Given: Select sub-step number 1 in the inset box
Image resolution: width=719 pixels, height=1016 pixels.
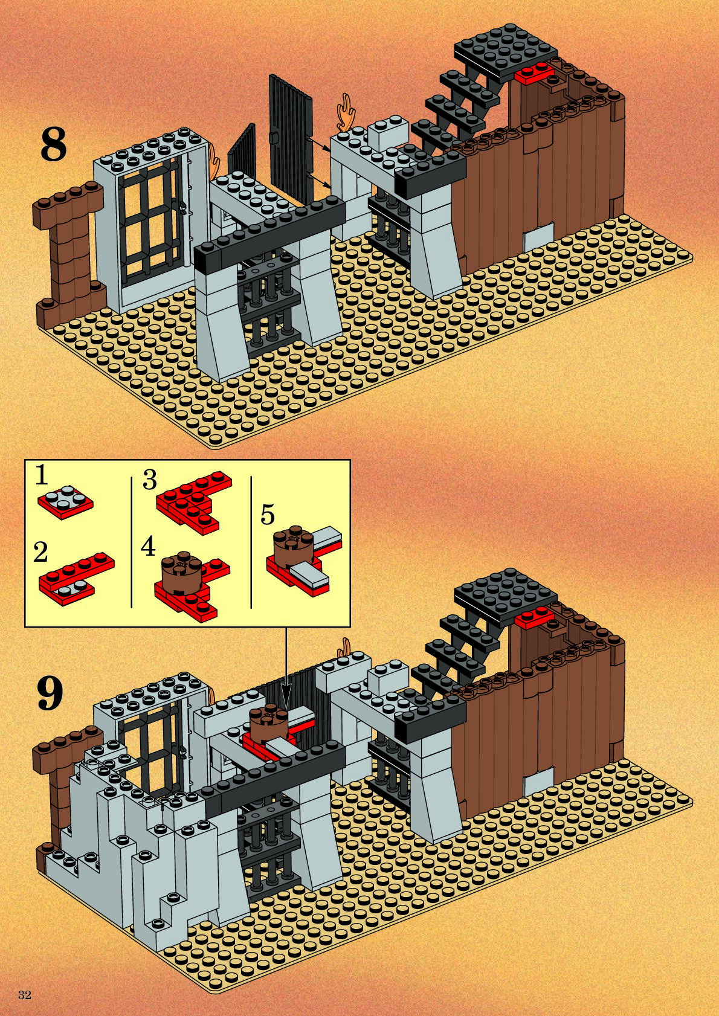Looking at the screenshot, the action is (x=41, y=475).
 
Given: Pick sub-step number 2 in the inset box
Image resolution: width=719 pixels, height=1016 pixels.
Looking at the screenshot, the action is (x=40, y=553).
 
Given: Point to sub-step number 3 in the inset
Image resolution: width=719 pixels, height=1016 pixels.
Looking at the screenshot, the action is (x=150, y=480).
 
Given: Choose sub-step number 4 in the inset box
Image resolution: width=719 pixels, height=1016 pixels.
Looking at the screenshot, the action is (x=149, y=547).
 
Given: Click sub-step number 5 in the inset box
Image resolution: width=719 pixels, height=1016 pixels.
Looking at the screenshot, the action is (x=267, y=515).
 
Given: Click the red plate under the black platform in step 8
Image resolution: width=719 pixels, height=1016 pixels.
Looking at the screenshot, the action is (x=534, y=74).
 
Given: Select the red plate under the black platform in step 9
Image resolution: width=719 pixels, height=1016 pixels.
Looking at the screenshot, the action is (x=534, y=619).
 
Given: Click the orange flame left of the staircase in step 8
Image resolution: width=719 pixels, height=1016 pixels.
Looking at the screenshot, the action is (x=346, y=112).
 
